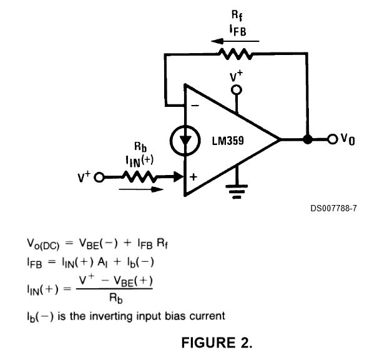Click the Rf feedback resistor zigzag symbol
click(235, 54)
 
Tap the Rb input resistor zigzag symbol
click(139, 177)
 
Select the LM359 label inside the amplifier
click(228, 141)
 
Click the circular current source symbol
click(185, 141)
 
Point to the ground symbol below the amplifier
click(237, 191)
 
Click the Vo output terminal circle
click(333, 139)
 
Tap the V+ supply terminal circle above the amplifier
click(237, 90)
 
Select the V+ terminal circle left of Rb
click(99, 177)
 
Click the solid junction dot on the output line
click(308, 139)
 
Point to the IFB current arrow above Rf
click(235, 41)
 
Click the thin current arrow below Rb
click(141, 189)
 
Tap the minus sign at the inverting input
click(195, 106)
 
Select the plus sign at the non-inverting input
click(193, 177)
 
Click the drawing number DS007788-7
click(333, 208)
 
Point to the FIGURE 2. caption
click(217, 342)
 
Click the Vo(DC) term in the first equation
click(43, 244)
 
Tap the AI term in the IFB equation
click(102, 262)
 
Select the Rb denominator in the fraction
click(115, 298)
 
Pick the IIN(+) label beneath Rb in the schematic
click(140, 161)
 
